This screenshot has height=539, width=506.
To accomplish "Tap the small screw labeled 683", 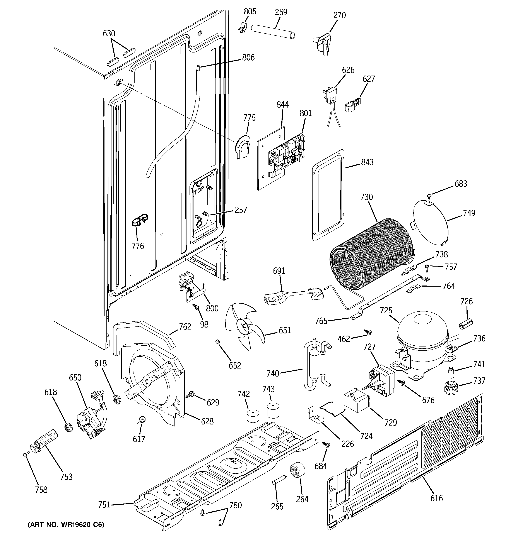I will (x=429, y=195).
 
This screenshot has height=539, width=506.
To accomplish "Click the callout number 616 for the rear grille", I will (x=436, y=498).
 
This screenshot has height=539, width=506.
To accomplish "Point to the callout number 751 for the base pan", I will (x=104, y=505).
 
